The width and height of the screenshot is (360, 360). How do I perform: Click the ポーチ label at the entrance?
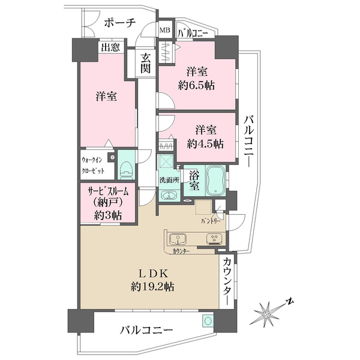pyautogui.click(x=120, y=23)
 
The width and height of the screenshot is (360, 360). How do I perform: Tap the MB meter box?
pyautogui.click(x=165, y=30)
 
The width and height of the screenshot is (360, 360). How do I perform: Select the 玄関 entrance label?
pyautogui.click(x=146, y=63)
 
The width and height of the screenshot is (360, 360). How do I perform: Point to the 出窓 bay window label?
pyautogui.click(x=110, y=47)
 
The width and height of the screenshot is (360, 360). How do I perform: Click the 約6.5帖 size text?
pyautogui.click(x=197, y=85)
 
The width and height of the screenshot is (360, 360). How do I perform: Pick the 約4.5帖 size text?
pyautogui.click(x=205, y=144)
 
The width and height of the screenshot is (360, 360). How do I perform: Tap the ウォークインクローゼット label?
pyautogui.click(x=93, y=166)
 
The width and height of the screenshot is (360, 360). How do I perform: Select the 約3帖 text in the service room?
pyautogui.click(x=108, y=215)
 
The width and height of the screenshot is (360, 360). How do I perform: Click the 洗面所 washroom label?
pyautogui.click(x=170, y=180)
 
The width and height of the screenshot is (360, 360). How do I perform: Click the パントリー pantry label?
pyautogui.click(x=211, y=221)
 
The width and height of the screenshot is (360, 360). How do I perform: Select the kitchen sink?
pyautogui.click(x=178, y=239)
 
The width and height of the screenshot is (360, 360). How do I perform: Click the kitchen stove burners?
pyautogui.click(x=214, y=239)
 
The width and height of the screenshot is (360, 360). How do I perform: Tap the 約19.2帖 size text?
pyautogui.click(x=152, y=287)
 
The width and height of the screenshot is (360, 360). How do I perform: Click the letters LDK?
pyautogui.click(x=152, y=274)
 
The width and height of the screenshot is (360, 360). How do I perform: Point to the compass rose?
pyautogui.click(x=266, y=314)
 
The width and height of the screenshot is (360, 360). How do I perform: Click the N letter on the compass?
pyautogui.click(x=290, y=301)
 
